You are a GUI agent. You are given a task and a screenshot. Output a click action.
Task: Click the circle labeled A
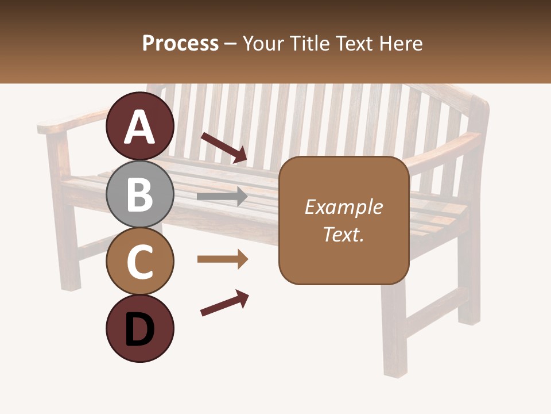tap(139, 126)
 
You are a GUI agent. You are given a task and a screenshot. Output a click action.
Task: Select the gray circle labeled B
tap(139, 194)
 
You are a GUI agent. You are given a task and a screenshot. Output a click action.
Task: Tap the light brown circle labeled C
tap(139, 262)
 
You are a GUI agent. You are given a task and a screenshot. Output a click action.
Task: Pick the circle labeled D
tap(139, 329)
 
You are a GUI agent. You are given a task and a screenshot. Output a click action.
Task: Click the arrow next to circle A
tap(224, 147)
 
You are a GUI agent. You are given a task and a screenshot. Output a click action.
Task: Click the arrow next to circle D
tap(224, 303)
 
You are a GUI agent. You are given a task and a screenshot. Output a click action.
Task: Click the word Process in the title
tap(180, 43)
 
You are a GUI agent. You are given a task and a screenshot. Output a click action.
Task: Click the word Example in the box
tap(343, 207)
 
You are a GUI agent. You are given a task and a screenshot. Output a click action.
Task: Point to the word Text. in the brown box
tap(343, 234)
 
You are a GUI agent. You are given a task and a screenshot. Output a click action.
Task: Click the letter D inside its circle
tap(139, 330)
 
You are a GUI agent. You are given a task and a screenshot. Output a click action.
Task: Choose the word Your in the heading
tap(263, 43)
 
